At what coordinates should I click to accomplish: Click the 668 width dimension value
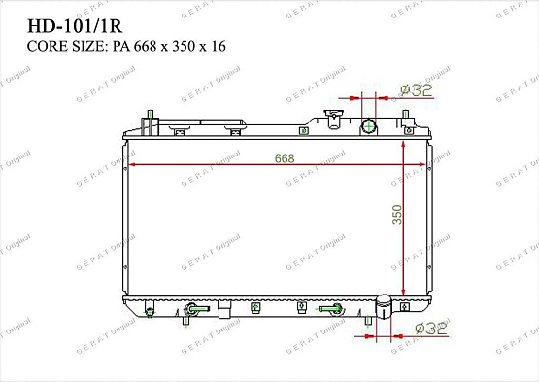click(x=284, y=157)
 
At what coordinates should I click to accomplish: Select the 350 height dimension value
click(x=396, y=214)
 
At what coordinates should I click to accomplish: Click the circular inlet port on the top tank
click(x=368, y=125)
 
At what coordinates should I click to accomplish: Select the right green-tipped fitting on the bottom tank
click(x=333, y=309)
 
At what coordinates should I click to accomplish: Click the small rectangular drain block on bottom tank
click(x=223, y=311)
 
